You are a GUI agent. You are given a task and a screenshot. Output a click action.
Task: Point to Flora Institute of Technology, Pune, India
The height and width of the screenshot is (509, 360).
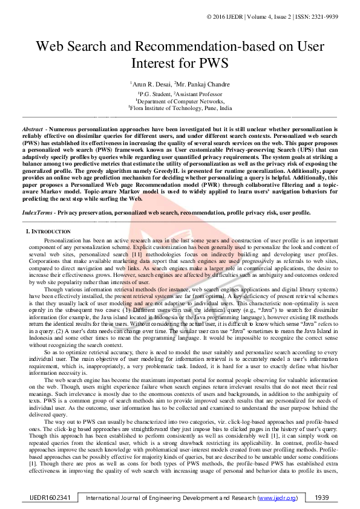[x=180, y=108]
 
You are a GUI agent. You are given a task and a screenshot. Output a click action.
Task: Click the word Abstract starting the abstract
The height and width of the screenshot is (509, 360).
[x=32, y=130]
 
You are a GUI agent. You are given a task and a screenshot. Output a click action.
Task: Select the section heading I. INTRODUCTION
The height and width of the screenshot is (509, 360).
[x=48, y=232]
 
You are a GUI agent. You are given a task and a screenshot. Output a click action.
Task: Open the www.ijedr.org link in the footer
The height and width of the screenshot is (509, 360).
[x=278, y=498]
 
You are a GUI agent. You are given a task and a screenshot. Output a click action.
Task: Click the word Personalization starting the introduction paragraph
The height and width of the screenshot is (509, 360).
[x=65, y=240]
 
